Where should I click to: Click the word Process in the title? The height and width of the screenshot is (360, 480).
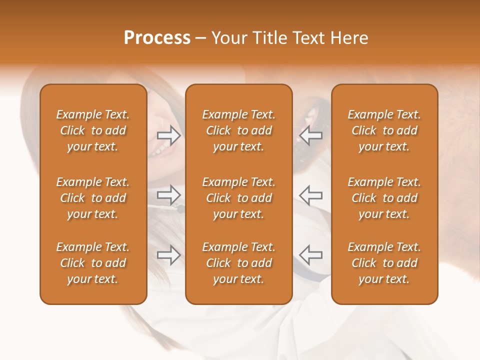point(157,38)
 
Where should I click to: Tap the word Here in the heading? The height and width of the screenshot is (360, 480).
point(349,38)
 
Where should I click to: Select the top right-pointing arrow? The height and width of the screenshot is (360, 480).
point(169,134)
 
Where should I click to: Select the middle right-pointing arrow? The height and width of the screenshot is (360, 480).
point(169,194)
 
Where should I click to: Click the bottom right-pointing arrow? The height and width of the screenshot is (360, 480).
point(169,255)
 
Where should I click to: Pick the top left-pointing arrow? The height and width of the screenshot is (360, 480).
point(311,134)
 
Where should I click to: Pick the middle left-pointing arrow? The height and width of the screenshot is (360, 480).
point(311,194)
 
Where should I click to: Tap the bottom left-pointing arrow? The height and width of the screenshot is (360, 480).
point(311,255)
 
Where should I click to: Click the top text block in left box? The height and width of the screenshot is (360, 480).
point(93,130)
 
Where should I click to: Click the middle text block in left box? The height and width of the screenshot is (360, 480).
point(93,198)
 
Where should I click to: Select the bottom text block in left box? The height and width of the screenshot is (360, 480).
point(93,263)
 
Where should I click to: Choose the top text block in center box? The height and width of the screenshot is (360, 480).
point(238,130)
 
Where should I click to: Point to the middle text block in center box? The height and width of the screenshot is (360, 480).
point(238,198)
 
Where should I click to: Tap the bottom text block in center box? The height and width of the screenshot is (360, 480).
point(238,263)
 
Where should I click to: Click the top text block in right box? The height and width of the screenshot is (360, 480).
point(384,130)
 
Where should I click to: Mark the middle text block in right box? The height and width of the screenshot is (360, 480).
point(384,198)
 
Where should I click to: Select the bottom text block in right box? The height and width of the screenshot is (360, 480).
point(384,263)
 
